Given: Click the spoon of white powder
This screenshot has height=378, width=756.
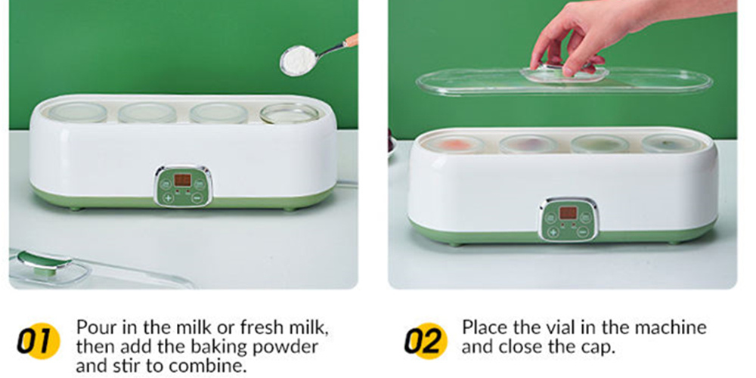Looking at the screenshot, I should click(x=300, y=58).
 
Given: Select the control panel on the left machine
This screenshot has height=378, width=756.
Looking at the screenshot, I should click(x=183, y=186).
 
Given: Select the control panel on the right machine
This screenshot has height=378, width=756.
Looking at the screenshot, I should click(x=569, y=218).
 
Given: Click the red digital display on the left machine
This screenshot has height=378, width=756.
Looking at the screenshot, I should click(x=182, y=181).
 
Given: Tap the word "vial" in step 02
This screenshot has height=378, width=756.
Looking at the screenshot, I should click(x=562, y=328).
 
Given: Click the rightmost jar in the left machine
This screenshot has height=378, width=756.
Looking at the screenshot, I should click(x=290, y=113).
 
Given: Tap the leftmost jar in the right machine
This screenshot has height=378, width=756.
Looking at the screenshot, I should click(x=452, y=143).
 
